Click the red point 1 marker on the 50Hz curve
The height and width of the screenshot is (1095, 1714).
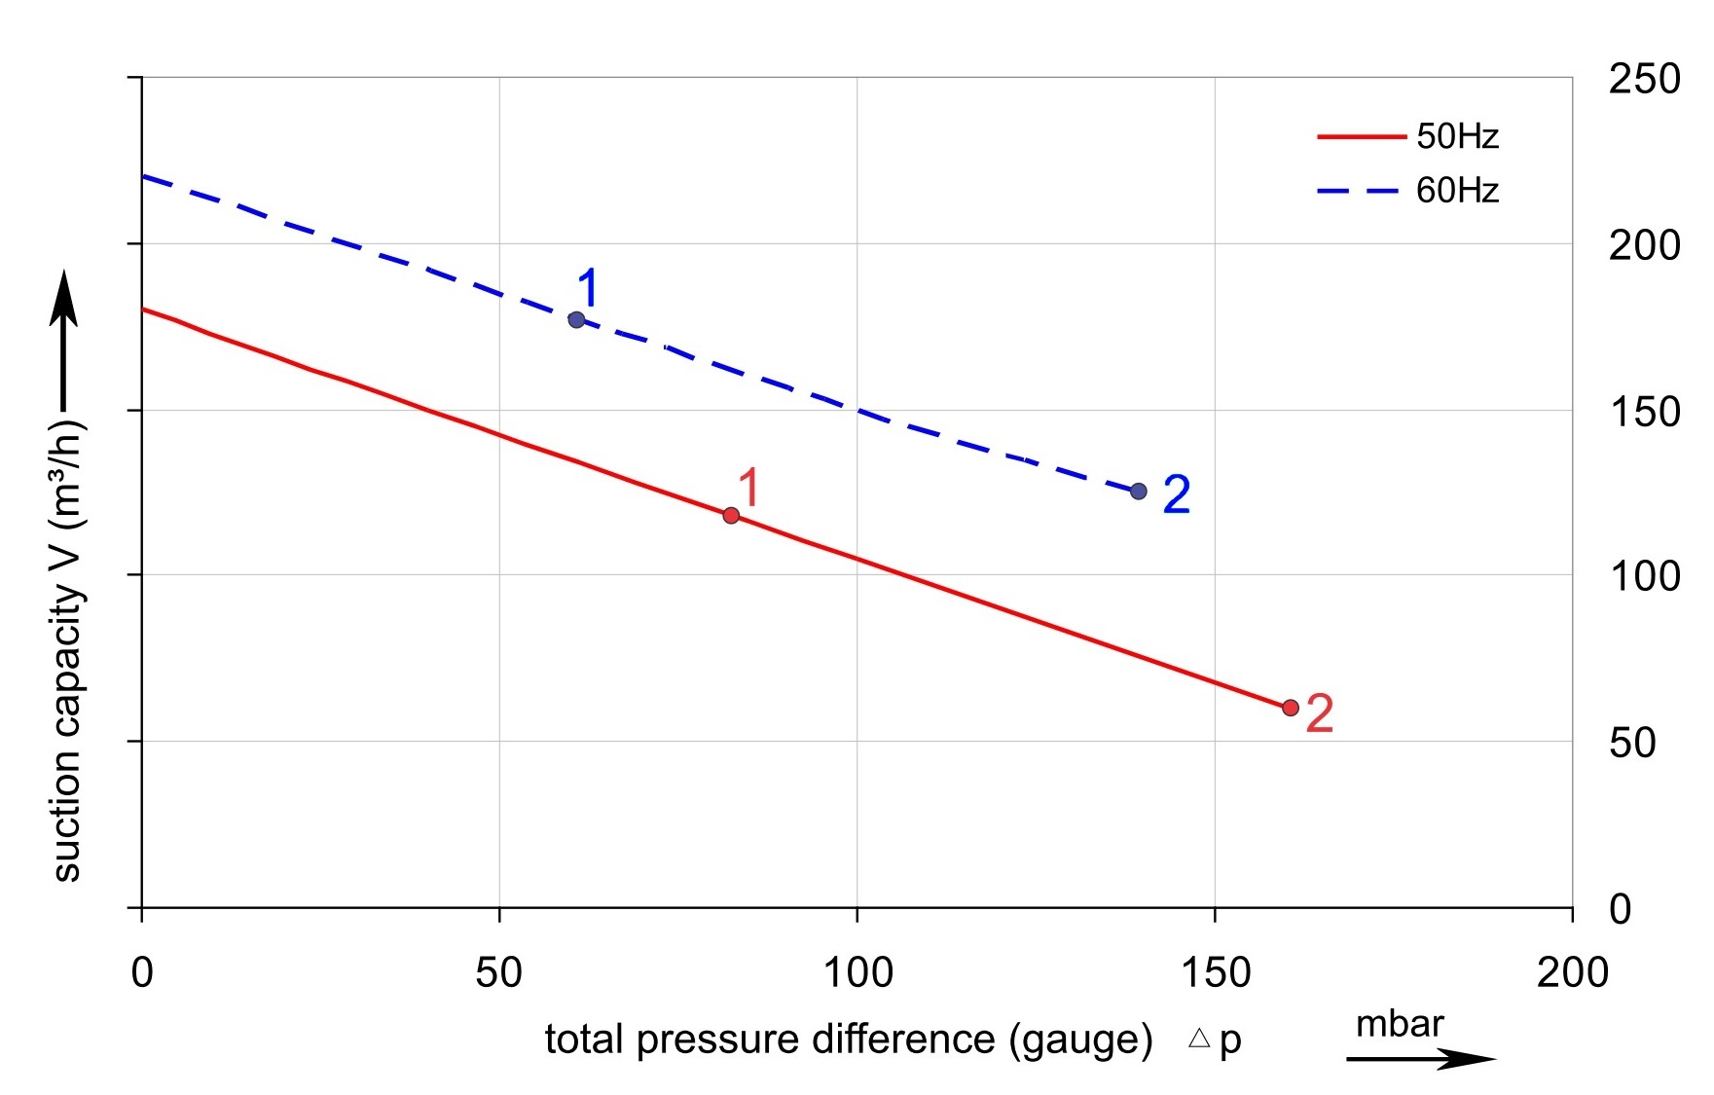click(731, 515)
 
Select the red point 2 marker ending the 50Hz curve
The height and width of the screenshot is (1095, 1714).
click(1290, 708)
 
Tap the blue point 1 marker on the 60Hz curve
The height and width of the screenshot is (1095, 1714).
click(576, 319)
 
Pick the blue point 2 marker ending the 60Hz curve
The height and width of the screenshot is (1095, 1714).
click(1138, 491)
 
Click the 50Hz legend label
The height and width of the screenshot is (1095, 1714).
click(1457, 136)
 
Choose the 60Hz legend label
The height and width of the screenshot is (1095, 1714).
click(1457, 190)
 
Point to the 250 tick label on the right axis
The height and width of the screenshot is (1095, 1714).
click(1644, 79)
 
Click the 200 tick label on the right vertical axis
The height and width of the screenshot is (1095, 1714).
click(1644, 245)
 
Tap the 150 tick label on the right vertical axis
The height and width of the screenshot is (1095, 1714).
click(1644, 412)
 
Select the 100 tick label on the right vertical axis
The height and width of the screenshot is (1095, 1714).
click(1644, 576)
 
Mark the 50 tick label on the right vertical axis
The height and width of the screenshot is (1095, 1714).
click(1632, 743)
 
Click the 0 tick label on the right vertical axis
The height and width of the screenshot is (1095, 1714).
click(1620, 909)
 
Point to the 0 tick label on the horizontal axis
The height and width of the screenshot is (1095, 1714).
click(142, 972)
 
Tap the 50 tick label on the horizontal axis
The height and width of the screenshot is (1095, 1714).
click(498, 972)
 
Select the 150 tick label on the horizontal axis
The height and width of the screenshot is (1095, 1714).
click(1215, 972)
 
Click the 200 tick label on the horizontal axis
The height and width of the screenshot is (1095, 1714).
click(1572, 972)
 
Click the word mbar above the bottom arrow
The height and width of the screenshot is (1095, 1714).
click(1399, 1024)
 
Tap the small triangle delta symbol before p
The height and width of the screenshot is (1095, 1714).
click(1199, 1039)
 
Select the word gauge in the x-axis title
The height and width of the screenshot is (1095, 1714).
click(1080, 1040)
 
